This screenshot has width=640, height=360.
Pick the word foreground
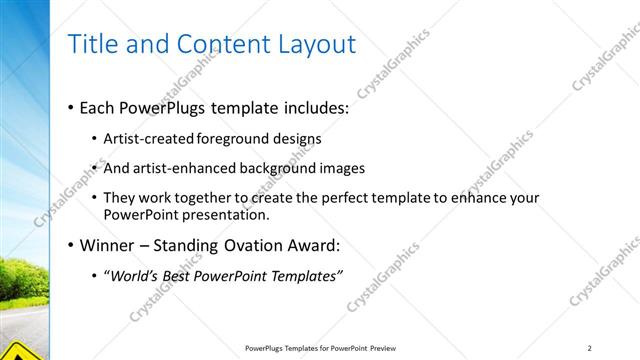tap(234, 138)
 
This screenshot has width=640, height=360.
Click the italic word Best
tap(181, 275)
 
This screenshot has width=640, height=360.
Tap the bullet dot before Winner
tap(70, 245)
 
